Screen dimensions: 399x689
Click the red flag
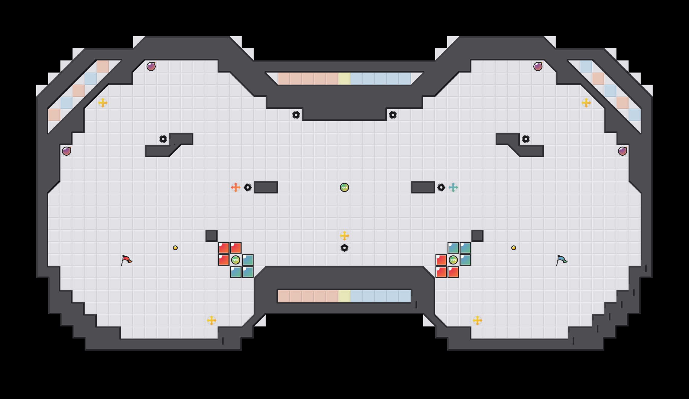126,260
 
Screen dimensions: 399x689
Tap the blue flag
561,260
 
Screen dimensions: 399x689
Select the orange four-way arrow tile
236,187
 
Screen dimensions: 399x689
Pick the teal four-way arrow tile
453,187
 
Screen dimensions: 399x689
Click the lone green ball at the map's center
344,187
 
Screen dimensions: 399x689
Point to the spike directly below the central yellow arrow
344,248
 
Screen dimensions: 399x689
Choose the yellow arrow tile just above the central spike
344,236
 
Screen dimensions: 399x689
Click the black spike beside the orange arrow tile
248,187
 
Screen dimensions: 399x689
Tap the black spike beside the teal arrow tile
441,187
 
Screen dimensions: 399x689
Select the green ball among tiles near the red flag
236,260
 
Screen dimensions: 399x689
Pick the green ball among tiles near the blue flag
453,260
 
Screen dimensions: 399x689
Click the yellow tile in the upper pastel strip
344,79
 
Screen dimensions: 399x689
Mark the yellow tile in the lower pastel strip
344,296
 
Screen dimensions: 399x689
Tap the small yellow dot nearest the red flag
175,248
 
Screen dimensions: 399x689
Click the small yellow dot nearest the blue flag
514,248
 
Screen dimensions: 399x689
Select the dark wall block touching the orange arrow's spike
266,187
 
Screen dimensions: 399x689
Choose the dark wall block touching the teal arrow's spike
423,187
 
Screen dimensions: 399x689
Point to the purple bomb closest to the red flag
66,151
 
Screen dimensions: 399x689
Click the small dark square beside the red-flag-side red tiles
212,236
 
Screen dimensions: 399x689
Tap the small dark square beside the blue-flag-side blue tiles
477,236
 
